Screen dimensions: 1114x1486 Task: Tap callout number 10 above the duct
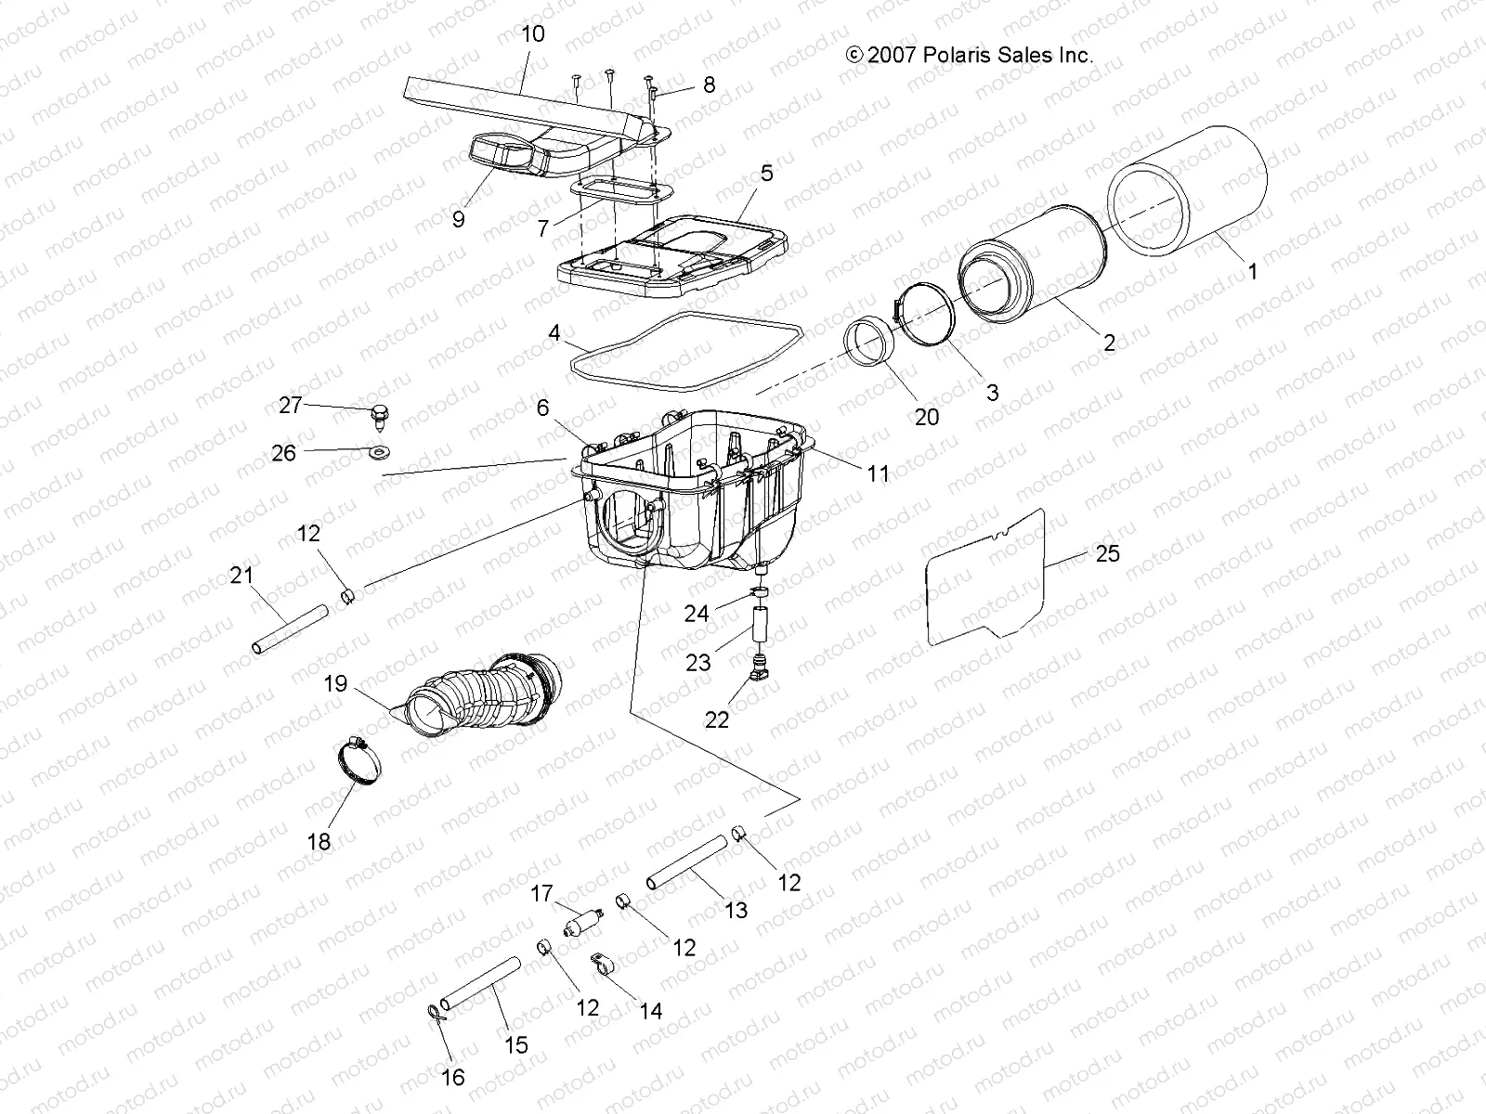pyautogui.click(x=533, y=34)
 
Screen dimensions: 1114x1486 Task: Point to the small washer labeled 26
pyautogui.click(x=379, y=452)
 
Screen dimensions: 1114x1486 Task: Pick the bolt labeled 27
pyautogui.click(x=381, y=413)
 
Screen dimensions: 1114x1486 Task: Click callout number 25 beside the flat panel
pyautogui.click(x=1107, y=553)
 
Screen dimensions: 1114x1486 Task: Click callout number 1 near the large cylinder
pyautogui.click(x=1252, y=272)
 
